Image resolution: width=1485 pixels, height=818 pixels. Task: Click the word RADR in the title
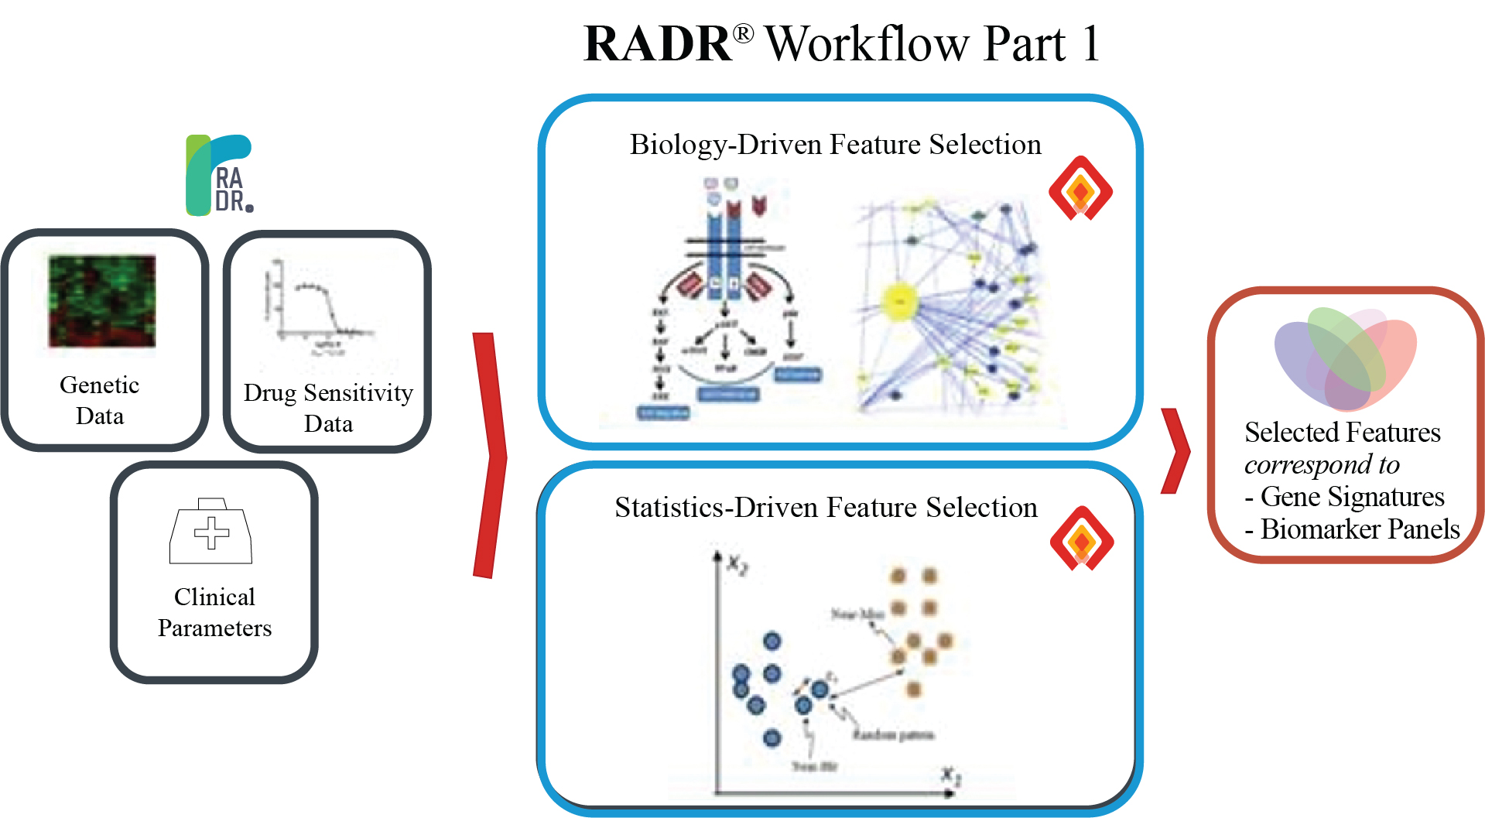(x=658, y=44)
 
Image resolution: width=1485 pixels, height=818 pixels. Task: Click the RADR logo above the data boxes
(x=220, y=175)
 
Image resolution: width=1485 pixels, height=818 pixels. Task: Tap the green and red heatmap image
(x=102, y=301)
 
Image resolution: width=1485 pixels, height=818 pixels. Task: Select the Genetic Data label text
(x=100, y=400)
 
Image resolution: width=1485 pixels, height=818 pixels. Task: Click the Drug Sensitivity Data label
(x=328, y=408)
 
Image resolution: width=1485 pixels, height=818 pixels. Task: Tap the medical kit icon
(x=210, y=532)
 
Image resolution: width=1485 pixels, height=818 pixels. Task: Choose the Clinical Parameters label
(x=214, y=612)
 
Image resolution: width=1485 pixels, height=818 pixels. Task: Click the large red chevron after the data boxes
(x=489, y=455)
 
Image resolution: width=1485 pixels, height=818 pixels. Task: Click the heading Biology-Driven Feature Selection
(x=835, y=145)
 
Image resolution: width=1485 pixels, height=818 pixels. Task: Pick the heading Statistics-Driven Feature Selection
(x=826, y=508)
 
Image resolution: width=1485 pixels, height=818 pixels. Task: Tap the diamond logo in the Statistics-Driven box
(x=1082, y=539)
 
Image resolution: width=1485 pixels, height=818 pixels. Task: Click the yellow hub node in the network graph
(x=900, y=300)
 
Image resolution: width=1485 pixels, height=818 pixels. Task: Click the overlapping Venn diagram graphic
(x=1346, y=358)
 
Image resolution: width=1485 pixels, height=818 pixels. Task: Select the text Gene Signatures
(x=1352, y=497)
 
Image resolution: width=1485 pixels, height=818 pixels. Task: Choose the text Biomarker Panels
(x=1360, y=529)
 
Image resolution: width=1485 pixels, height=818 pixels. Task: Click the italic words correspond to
(x=1322, y=464)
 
